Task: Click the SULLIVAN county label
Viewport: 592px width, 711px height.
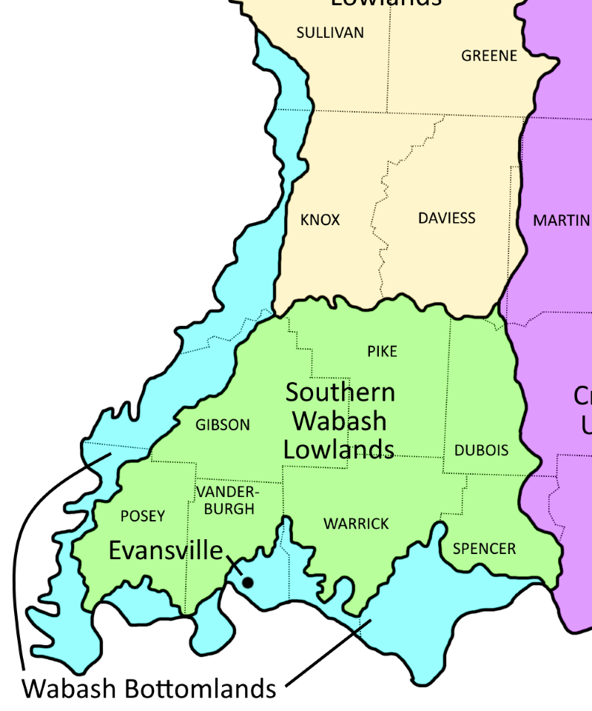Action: coord(330,33)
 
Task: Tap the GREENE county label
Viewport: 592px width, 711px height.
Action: coord(489,56)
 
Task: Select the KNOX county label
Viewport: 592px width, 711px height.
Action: coord(320,220)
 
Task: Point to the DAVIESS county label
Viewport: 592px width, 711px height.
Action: coord(446,218)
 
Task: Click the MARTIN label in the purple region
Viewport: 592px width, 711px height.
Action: coord(562,220)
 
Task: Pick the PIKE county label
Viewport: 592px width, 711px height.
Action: coord(382,351)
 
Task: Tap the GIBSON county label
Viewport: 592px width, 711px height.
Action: coord(223,425)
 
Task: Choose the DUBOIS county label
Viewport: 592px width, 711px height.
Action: coord(481,450)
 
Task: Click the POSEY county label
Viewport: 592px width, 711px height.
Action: coord(143,516)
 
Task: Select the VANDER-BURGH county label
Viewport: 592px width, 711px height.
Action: coord(229,501)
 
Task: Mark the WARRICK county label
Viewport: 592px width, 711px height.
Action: coord(356,524)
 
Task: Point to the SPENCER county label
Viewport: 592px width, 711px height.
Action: coord(484,549)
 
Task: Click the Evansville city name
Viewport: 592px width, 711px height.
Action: coord(166,550)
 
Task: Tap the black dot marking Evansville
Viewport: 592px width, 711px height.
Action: coord(248,583)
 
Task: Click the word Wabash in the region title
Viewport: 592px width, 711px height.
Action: coord(339,421)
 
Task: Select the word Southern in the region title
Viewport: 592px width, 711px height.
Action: coord(340,392)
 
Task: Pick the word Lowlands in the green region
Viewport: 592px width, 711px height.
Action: coord(339,449)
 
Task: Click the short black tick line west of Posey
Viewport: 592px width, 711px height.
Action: coord(99,459)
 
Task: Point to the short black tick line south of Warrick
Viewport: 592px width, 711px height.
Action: coord(363,627)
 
